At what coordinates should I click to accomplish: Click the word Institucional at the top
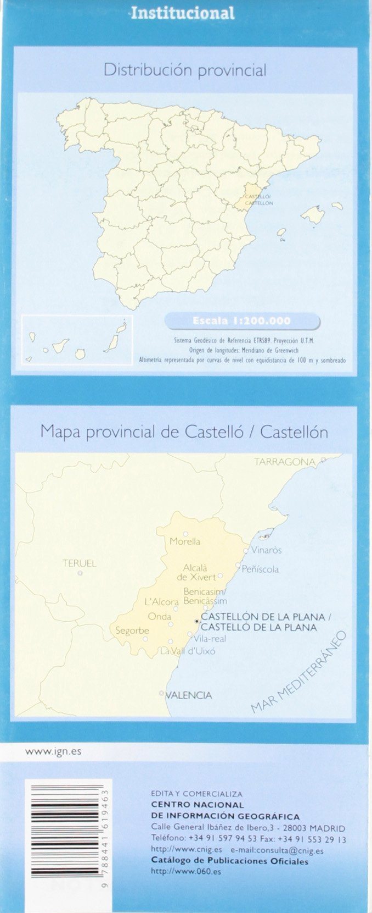pyautogui.click(x=183, y=13)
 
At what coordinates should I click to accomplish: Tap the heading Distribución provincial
pyautogui.click(x=185, y=70)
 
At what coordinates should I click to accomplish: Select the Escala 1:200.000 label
pyautogui.click(x=241, y=321)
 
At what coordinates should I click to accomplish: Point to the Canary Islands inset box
pyautogui.click(x=77, y=339)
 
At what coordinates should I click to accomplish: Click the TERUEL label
pyautogui.click(x=80, y=563)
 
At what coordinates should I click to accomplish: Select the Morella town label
pyautogui.click(x=185, y=541)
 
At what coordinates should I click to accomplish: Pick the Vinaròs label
pyautogui.click(x=266, y=550)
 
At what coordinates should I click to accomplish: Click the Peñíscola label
pyautogui.click(x=260, y=569)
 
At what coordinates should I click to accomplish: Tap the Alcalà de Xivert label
pyautogui.click(x=196, y=572)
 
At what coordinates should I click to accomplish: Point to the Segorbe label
pyautogui.click(x=132, y=630)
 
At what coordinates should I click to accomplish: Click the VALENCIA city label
pyautogui.click(x=188, y=695)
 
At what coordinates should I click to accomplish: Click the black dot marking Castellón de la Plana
pyautogui.click(x=197, y=621)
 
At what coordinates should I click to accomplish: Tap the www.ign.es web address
pyautogui.click(x=53, y=751)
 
